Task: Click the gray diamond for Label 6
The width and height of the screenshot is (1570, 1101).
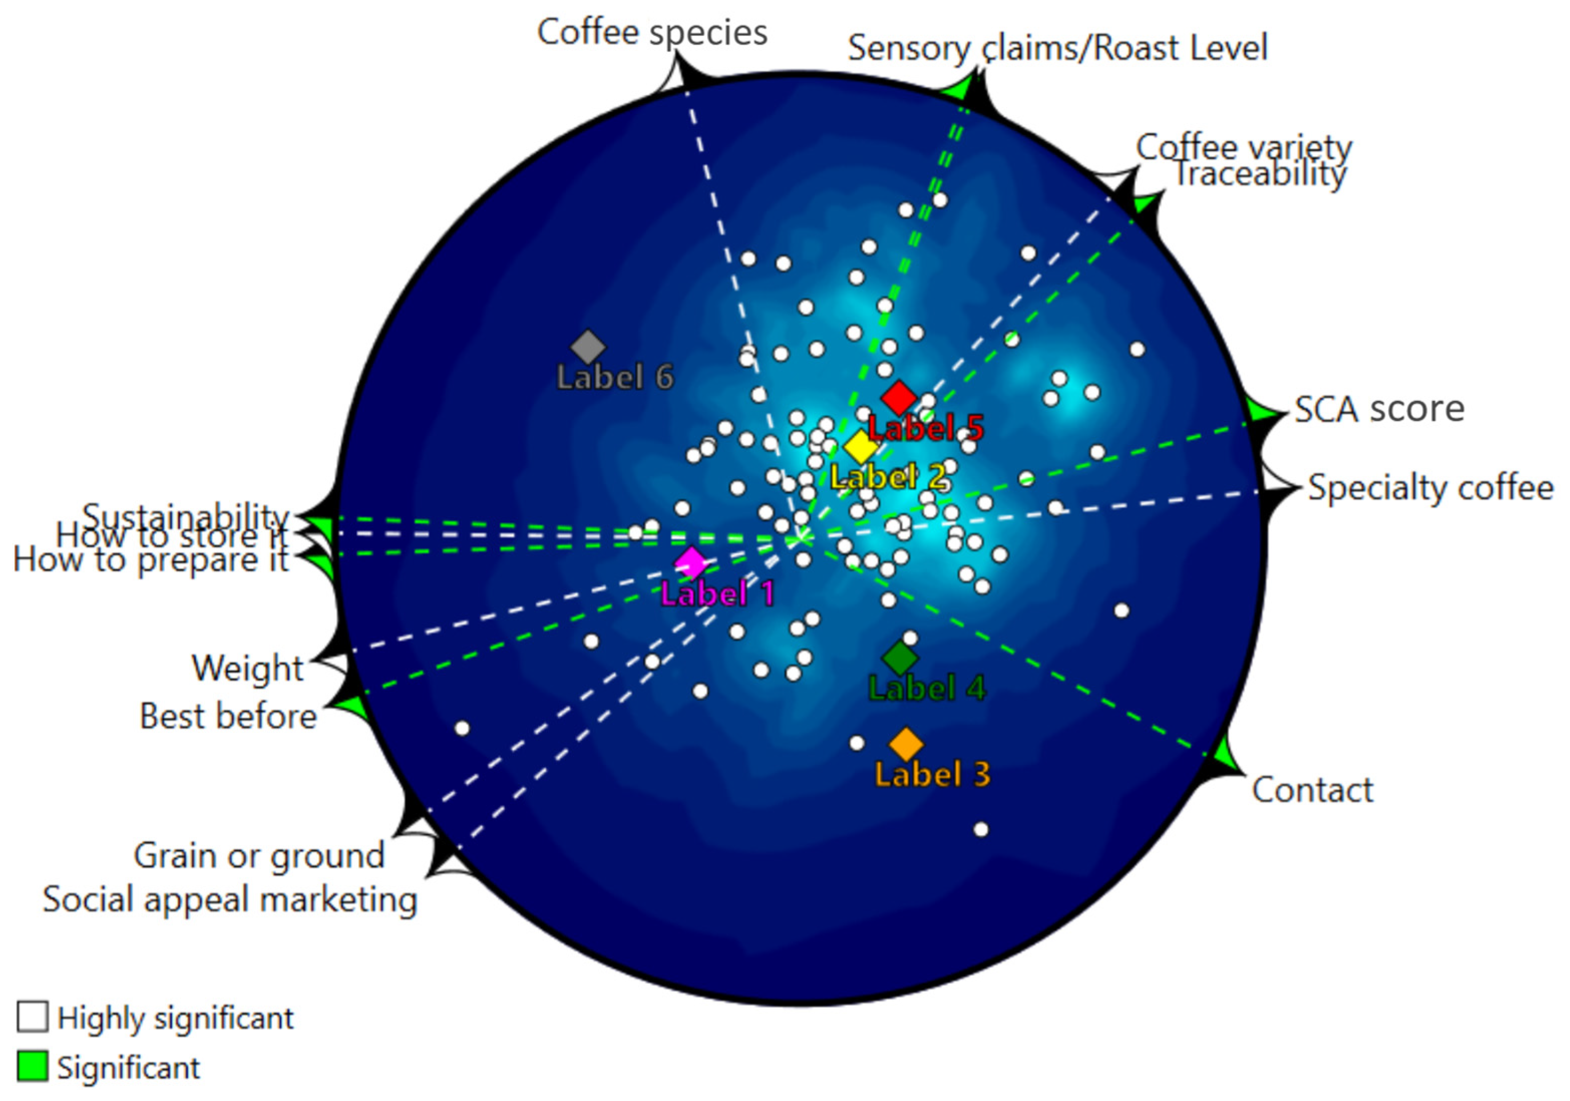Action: click(588, 347)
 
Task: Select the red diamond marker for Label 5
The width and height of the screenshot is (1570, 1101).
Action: click(898, 397)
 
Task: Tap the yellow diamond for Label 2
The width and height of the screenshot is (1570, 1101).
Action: click(861, 447)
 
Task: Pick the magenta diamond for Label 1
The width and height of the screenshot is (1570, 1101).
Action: click(692, 562)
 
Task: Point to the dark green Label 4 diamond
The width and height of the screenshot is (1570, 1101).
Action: click(900, 658)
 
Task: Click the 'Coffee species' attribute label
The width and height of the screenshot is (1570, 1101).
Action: click(652, 32)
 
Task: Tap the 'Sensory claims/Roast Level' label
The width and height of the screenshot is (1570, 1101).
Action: click(1057, 48)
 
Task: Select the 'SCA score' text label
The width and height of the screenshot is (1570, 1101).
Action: click(1379, 410)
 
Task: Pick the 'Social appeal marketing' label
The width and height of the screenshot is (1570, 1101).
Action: click(230, 899)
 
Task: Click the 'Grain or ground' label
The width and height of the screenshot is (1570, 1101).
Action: click(259, 855)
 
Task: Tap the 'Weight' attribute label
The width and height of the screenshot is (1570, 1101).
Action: click(248, 668)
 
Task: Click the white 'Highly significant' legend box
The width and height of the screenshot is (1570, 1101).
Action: click(32, 1017)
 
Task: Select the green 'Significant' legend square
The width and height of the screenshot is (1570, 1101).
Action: click(32, 1067)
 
